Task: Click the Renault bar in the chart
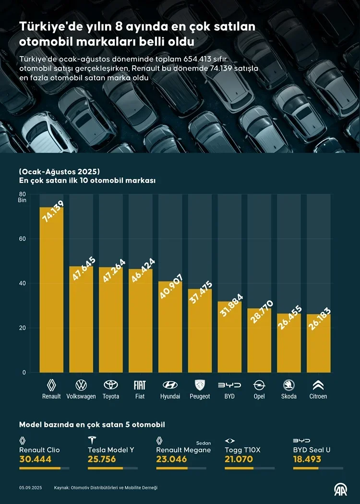click(51, 290)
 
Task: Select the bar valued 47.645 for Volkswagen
click(81, 319)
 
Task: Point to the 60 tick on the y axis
click(23, 239)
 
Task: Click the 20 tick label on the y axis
click(23, 328)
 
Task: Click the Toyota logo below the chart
click(111, 385)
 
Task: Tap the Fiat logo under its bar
click(140, 385)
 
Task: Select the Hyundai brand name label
click(170, 397)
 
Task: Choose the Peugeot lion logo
click(200, 385)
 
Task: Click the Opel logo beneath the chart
click(259, 385)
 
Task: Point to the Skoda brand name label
click(289, 397)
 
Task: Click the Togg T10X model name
click(242, 450)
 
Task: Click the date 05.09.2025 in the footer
click(30, 488)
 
